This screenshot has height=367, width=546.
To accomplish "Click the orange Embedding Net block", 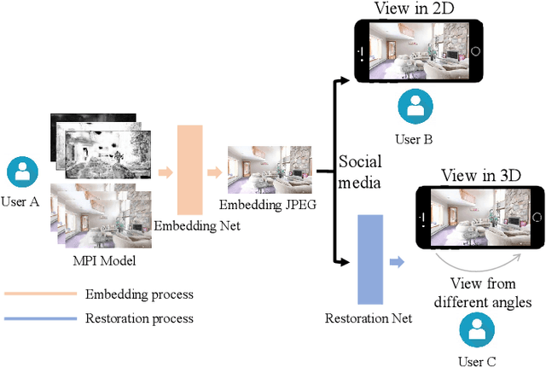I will (195, 169).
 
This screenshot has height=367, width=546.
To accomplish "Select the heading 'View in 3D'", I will (480, 175).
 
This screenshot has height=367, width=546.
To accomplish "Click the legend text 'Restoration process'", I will (139, 318).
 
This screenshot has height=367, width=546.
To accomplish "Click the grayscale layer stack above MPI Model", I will (100, 141).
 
